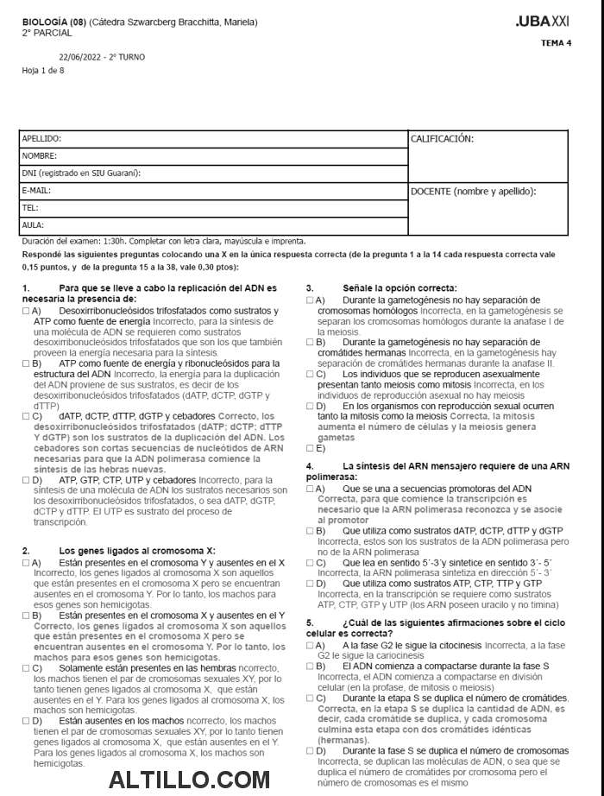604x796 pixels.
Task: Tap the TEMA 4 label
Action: click(556, 42)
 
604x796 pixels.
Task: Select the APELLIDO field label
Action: click(41, 138)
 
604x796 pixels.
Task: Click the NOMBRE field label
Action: click(39, 156)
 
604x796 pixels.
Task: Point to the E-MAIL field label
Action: click(36, 190)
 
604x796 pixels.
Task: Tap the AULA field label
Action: click(33, 224)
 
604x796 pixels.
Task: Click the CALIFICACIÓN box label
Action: click(442, 138)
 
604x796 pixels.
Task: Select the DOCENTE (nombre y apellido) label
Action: click(474, 191)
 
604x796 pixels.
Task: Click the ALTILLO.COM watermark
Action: click(190, 780)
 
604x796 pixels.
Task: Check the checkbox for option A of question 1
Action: click(26, 311)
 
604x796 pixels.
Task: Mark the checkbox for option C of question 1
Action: click(26, 415)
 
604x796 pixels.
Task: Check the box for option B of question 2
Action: click(26, 616)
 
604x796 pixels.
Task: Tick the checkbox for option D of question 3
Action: click(311, 406)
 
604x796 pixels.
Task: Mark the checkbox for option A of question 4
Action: click(311, 489)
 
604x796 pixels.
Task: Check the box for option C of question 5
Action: click(311, 698)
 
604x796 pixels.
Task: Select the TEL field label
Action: click(30, 207)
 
